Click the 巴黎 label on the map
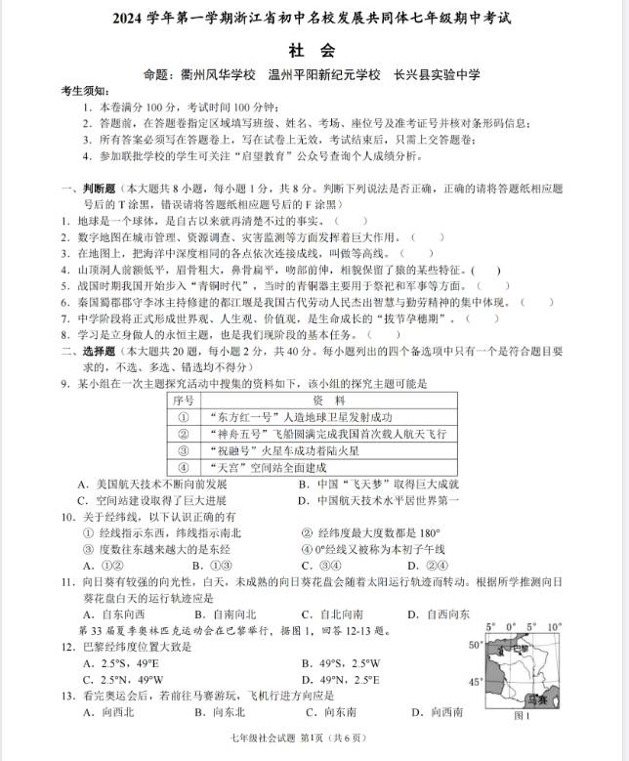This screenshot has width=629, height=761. [519, 647]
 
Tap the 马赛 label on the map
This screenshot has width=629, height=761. [535, 698]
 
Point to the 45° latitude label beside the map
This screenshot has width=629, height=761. [477, 682]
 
